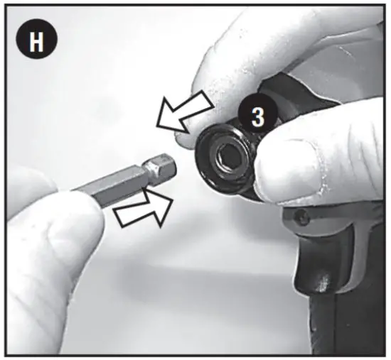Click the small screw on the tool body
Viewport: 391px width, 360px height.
(x=303, y=216)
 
